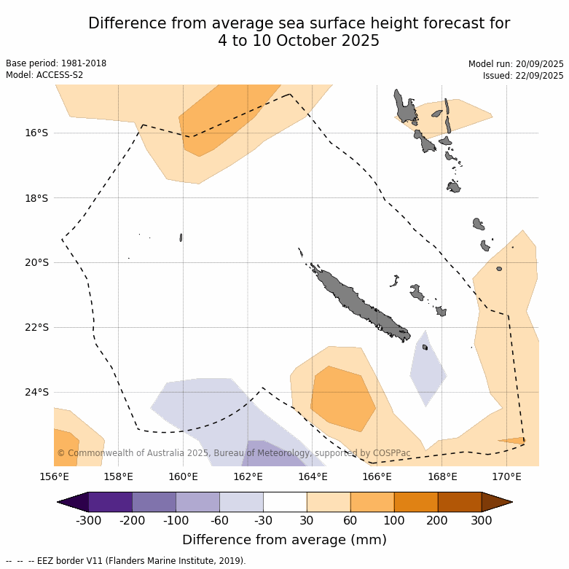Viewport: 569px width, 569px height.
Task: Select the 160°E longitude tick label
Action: (x=183, y=477)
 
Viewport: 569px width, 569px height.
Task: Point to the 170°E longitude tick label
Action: (x=506, y=477)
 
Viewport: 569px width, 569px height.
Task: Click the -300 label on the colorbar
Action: (x=88, y=520)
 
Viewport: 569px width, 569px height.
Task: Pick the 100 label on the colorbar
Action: (x=394, y=520)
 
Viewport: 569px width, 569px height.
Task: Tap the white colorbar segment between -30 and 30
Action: (x=285, y=502)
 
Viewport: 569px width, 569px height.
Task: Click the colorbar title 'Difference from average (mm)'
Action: (x=284, y=540)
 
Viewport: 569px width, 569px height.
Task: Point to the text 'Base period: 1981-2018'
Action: (x=56, y=63)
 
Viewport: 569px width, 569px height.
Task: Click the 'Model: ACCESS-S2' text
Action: (x=44, y=75)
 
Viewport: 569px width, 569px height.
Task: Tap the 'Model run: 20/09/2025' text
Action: (x=516, y=64)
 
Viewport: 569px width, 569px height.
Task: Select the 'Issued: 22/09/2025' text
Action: (x=523, y=76)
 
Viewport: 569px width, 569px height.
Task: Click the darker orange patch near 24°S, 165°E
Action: (x=341, y=400)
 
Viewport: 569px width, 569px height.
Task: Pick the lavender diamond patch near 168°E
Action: (x=428, y=369)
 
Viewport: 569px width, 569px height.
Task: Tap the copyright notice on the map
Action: (x=233, y=453)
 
